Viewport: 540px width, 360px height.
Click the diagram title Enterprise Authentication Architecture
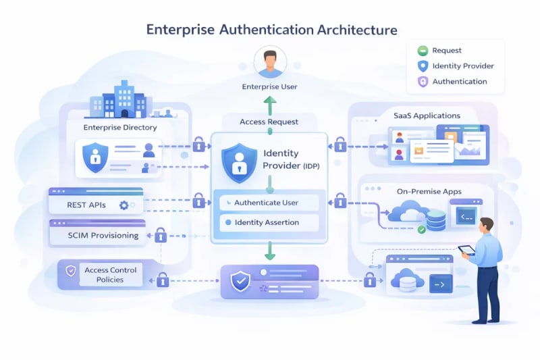point(271,30)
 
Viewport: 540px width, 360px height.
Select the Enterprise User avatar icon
point(269,63)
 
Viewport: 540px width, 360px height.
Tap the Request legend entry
point(446,50)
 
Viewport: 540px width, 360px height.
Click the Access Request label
point(269,122)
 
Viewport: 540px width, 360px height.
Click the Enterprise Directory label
point(120,127)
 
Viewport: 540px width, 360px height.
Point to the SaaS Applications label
point(427,115)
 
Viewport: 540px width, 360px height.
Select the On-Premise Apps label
point(429,192)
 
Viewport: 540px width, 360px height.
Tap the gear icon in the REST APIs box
point(124,205)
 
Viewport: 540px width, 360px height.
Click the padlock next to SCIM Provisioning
point(161,235)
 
